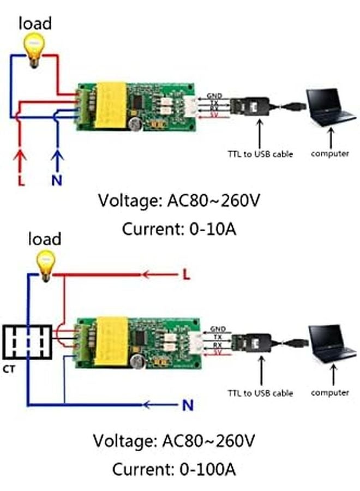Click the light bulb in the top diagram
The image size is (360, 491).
(x=34, y=47)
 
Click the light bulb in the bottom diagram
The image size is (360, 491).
(x=45, y=264)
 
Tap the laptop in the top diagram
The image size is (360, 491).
(x=329, y=108)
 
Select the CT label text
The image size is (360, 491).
(x=9, y=369)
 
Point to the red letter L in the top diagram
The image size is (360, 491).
(x=21, y=179)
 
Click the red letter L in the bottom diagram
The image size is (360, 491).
(x=187, y=276)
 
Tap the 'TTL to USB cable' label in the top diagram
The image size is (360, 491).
(x=260, y=154)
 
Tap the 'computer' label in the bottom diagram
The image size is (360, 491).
(x=329, y=392)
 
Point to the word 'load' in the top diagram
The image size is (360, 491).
(x=35, y=23)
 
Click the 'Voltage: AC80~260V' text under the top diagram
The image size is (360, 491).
(x=179, y=201)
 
